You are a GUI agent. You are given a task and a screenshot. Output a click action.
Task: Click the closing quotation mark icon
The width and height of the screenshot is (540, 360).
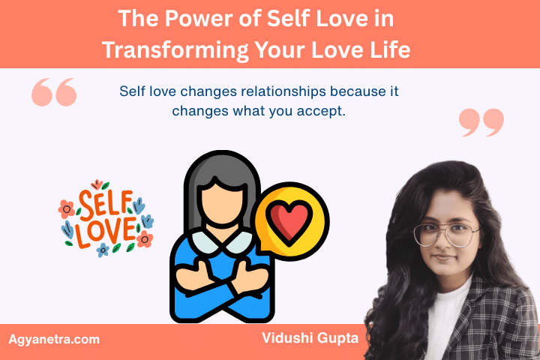click(481, 122)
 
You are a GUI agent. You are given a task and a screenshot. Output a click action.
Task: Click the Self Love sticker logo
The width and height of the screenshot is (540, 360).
click(105, 217)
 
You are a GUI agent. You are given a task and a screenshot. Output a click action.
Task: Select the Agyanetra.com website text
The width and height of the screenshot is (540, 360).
click(54, 339)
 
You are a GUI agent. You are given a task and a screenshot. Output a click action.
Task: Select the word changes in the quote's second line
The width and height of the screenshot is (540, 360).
click(198, 110)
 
